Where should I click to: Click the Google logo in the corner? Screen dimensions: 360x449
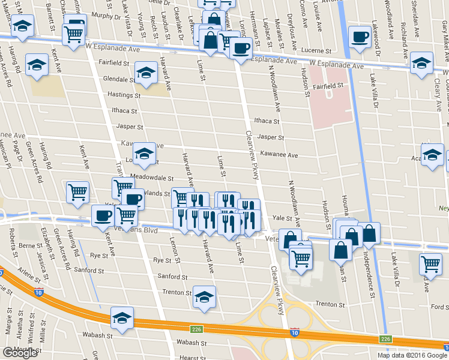click(x=20, y=353)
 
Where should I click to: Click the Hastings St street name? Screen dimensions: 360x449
click(x=124, y=95)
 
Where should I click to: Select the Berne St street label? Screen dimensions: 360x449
click(x=31, y=245)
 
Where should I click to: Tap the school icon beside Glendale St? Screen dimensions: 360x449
click(x=146, y=72)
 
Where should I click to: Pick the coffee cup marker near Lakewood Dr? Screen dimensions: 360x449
click(x=361, y=36)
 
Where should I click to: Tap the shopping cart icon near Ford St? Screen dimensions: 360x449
click(x=431, y=263)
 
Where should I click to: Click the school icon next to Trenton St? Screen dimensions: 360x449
click(x=204, y=296)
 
